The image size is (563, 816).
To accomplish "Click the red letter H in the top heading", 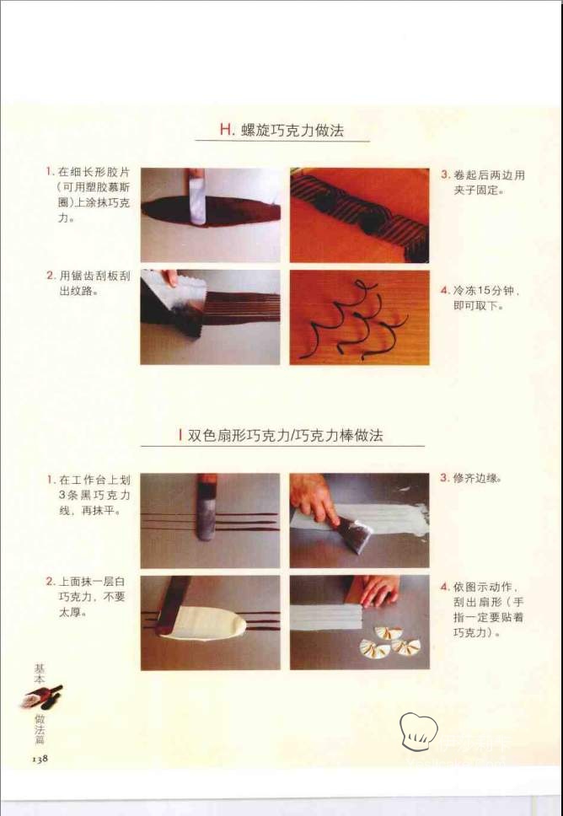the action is pos(227,129).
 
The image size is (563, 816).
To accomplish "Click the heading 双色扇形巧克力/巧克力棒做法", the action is pos(285,435).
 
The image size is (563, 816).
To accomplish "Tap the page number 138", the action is pos(40,759).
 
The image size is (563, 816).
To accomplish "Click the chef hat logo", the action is pos(418,731).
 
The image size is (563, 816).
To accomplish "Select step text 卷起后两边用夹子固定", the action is pos(489,182).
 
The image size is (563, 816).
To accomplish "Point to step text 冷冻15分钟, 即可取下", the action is pos(485,298).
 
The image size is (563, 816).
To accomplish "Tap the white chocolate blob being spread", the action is pos(206,624).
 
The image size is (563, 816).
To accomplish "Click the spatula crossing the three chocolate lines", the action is pos(206,507).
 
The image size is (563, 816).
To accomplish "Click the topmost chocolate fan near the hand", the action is pos(389,633).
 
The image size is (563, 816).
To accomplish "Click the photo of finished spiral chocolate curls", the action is pos(360,318).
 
